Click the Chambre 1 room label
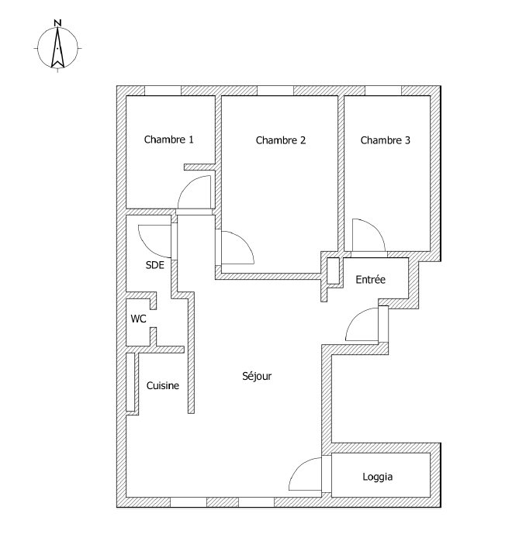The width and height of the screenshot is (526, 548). [168, 140]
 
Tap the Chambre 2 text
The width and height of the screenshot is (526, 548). [280, 140]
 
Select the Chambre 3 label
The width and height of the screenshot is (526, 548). [386, 140]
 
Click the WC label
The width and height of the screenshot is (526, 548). [138, 319]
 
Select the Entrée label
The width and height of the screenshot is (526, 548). [370, 280]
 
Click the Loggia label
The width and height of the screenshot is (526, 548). [377, 477]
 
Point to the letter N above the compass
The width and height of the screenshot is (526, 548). [57, 23]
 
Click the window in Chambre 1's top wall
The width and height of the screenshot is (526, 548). [162, 91]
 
